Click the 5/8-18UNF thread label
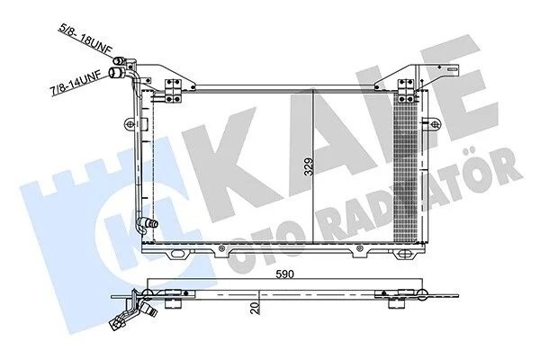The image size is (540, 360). coord(86,38)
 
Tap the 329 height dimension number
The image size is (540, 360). coord(310,166)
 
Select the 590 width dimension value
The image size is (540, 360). coord(284,274)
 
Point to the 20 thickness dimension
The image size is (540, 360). coord(256,308)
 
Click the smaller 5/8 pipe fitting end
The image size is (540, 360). coord(119,60)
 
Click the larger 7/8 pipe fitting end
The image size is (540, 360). coord(115,73)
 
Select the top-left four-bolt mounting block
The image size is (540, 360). coord(173,91)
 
